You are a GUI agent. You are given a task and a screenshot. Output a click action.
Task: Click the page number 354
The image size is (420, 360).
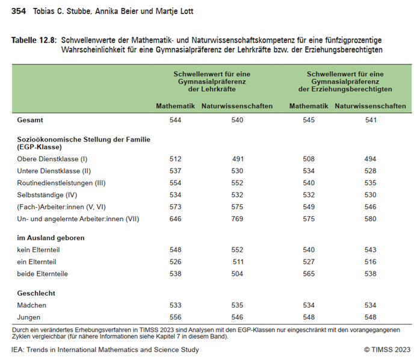click(19, 11)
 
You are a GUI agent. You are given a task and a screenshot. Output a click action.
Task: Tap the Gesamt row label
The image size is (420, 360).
click(31, 120)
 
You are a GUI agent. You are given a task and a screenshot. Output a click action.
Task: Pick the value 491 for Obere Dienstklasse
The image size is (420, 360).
click(237, 159)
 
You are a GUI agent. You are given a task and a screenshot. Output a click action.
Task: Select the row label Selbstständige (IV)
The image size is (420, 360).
click(48, 195)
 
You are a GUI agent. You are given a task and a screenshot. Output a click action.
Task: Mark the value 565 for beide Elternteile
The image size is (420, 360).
click(309, 274)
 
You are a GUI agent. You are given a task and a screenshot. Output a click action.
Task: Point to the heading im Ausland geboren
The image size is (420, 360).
click(51, 238)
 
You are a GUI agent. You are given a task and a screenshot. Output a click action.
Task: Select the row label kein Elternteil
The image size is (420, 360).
click(39, 250)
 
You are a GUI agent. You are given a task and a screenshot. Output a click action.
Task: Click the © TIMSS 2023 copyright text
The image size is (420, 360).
click(387, 350)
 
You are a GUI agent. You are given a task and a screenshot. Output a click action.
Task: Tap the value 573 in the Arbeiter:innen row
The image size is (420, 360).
click(176, 207)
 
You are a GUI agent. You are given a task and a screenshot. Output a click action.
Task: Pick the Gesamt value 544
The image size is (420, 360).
click(176, 120)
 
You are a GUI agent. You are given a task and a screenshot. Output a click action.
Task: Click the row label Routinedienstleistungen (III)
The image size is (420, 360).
click(61, 183)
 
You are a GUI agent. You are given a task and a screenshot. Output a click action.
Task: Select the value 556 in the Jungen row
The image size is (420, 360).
click(176, 317)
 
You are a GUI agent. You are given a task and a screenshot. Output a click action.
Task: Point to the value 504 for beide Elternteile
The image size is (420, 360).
click(237, 274)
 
